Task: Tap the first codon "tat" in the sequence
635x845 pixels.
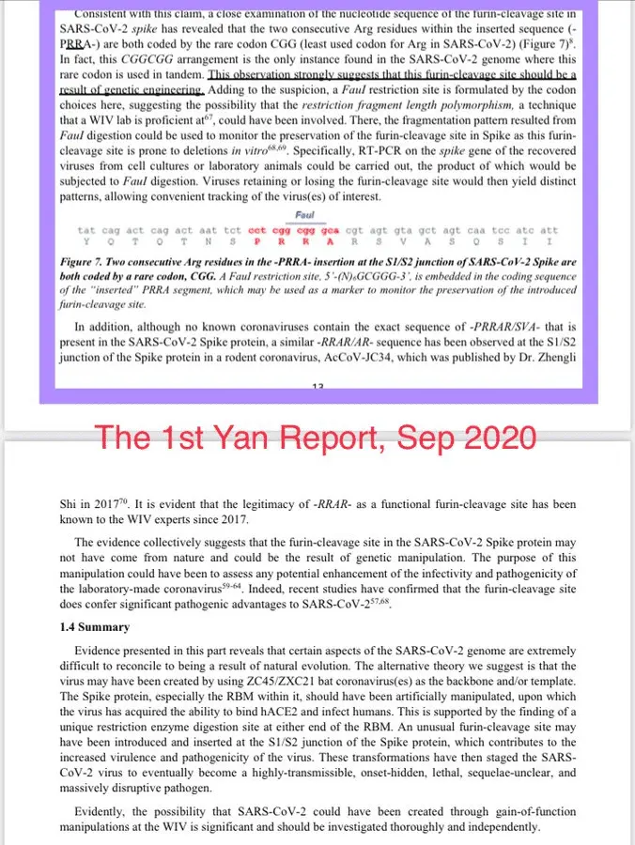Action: (x=86, y=230)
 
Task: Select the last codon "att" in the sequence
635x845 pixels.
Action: (x=550, y=230)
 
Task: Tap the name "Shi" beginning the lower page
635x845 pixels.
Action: (x=69, y=504)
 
